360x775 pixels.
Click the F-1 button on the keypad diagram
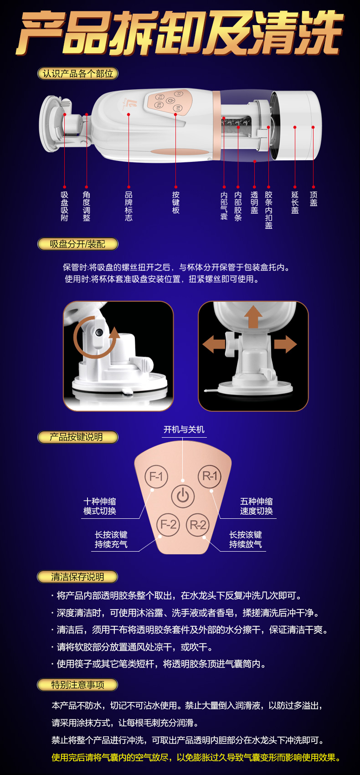156,476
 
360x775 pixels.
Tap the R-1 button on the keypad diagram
210,476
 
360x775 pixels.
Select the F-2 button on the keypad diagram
169,525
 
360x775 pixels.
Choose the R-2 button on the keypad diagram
198,525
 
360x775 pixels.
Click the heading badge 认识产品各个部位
78,73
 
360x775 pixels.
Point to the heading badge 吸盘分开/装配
78,244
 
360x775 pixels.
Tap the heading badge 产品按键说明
78,437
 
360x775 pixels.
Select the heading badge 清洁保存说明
77,577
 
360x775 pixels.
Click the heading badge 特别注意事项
77,685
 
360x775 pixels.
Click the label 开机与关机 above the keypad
184,429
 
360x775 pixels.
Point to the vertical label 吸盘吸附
64,206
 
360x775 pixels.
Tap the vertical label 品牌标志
129,206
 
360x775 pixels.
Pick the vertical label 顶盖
314,199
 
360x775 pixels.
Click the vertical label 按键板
176,203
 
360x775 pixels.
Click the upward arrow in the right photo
253,316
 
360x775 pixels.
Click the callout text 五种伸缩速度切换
256,506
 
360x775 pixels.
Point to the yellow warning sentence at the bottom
196,758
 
